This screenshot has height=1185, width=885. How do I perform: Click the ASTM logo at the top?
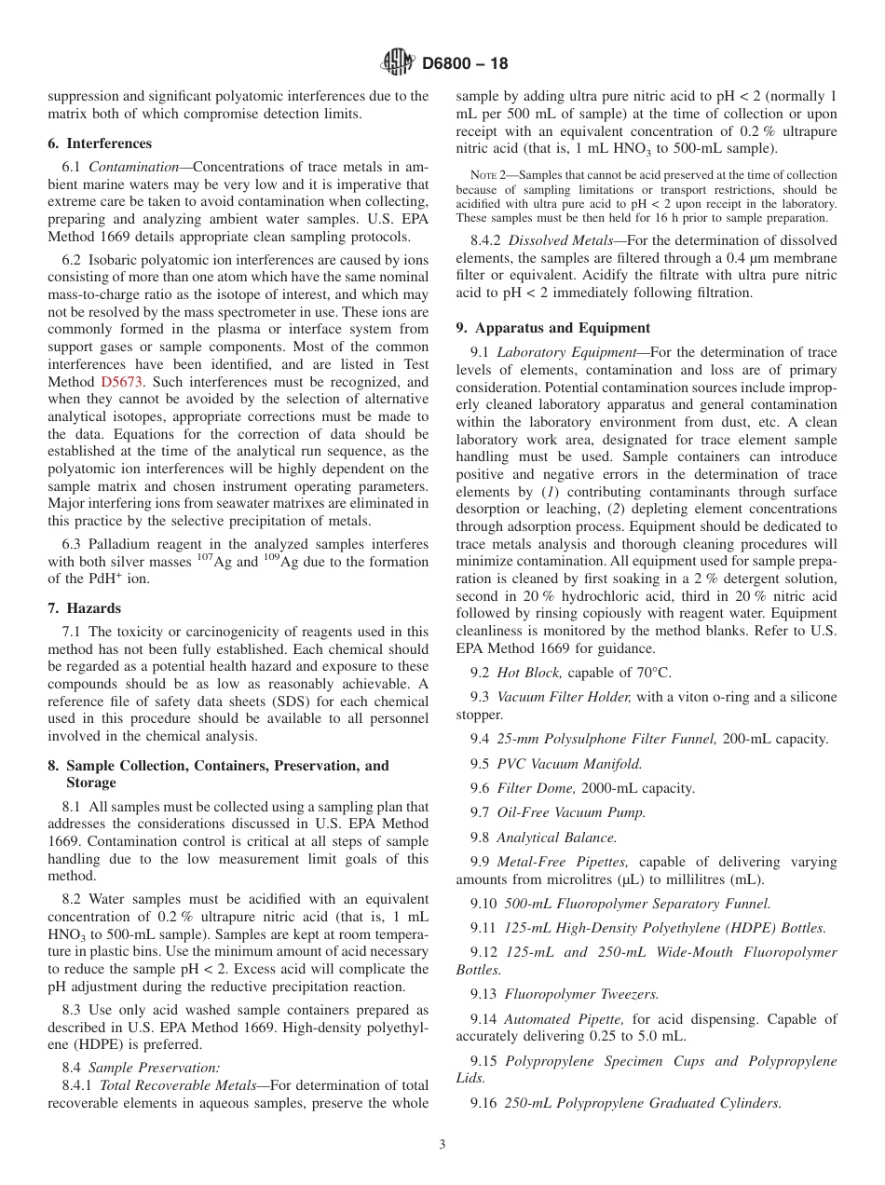pos(398,63)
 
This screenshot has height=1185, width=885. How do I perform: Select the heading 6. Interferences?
pos(100,143)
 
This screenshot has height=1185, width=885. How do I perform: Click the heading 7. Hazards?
pos(85,608)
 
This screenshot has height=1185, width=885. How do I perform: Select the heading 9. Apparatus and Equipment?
pos(553,328)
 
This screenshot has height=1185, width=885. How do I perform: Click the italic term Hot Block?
pos(528,672)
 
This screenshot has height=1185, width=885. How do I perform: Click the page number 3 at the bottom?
pos(442,1145)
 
